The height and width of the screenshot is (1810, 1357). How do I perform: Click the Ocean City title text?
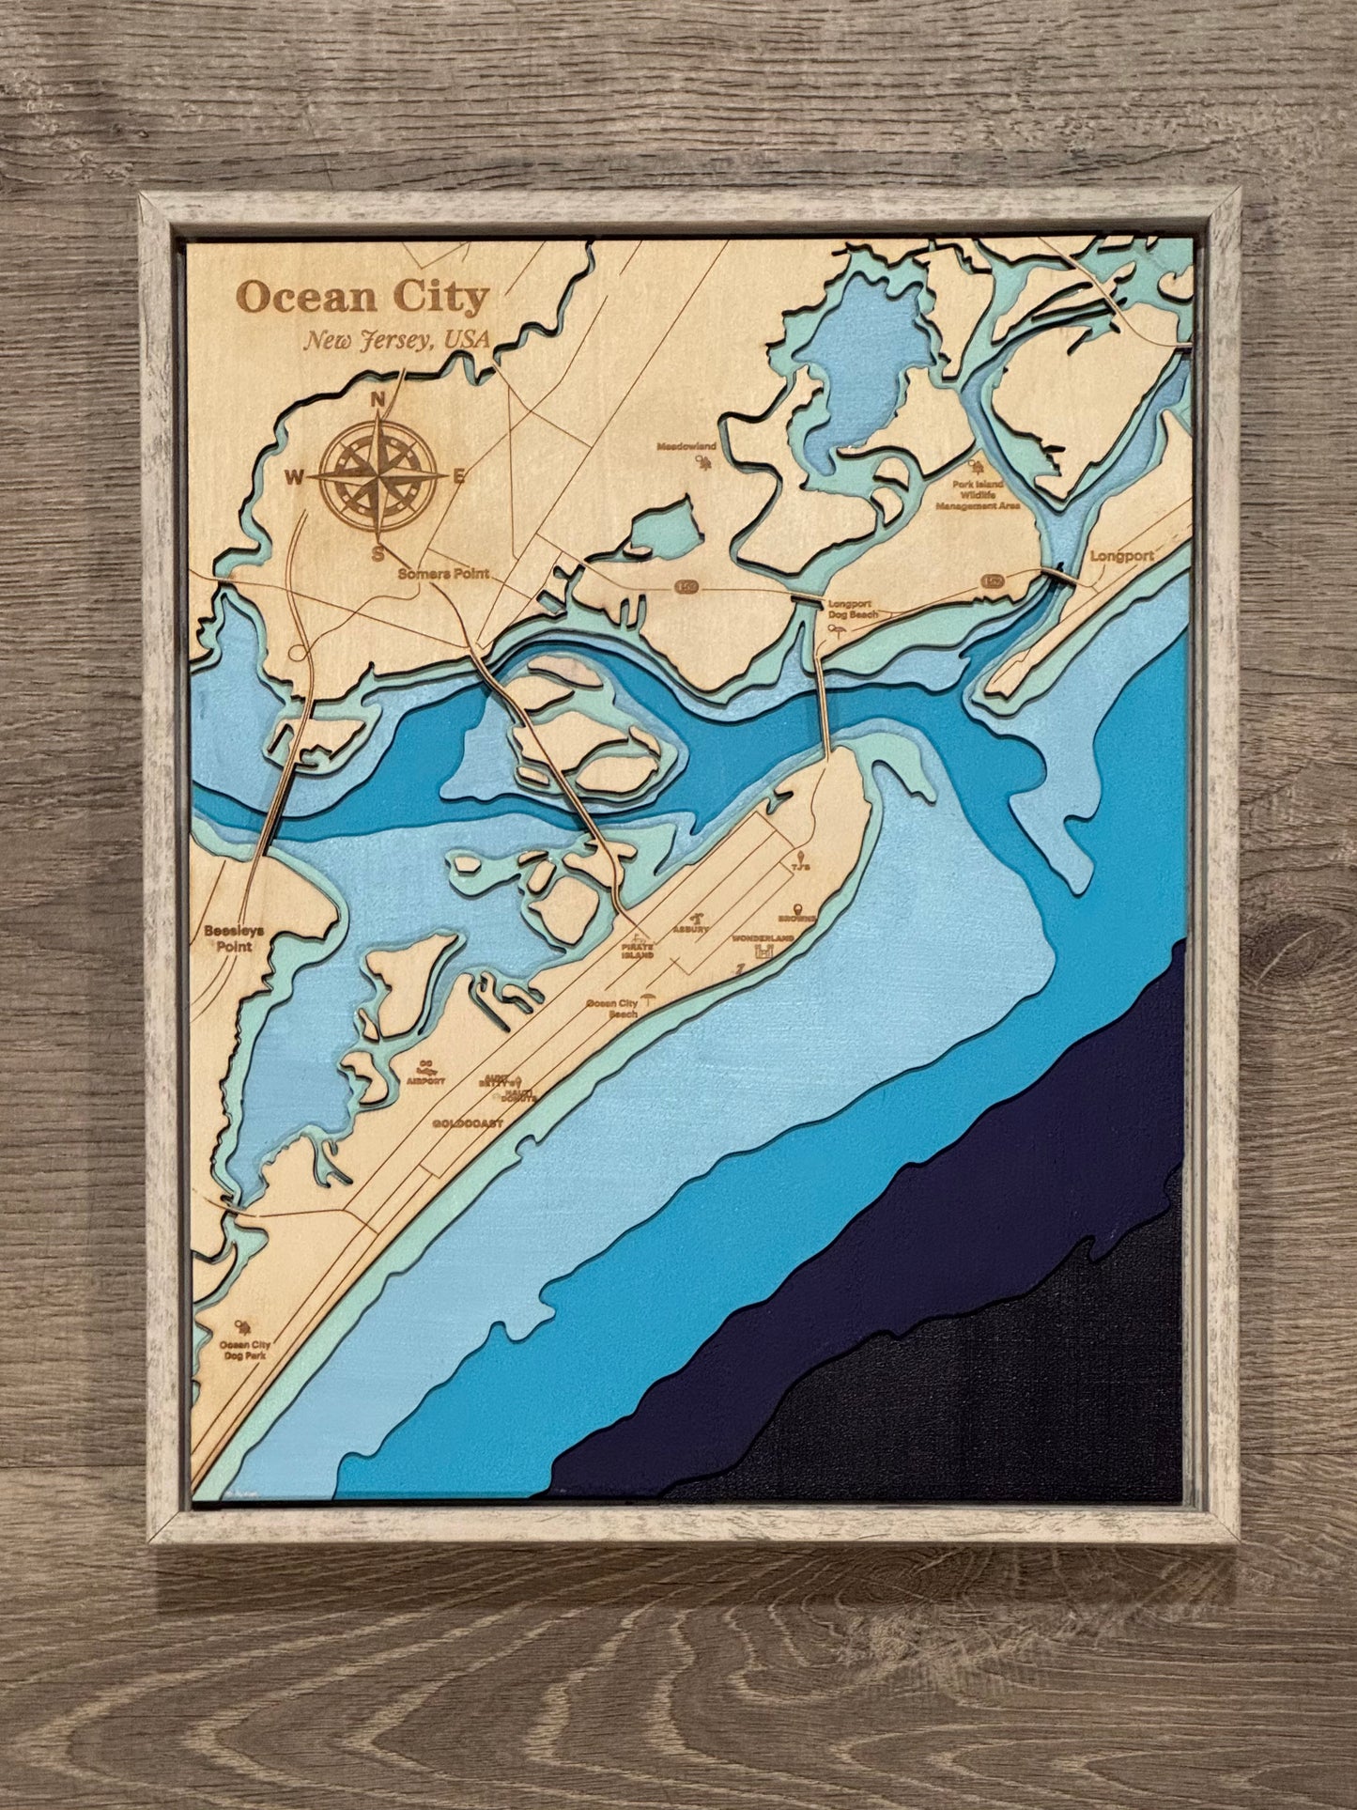[362, 298]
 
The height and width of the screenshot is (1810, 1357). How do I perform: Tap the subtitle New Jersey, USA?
[396, 341]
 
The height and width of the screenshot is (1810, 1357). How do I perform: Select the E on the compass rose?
[459, 476]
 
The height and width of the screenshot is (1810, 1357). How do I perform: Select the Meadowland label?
[686, 446]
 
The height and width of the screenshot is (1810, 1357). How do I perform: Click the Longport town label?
[1121, 556]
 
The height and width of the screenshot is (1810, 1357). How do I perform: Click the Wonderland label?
[763, 938]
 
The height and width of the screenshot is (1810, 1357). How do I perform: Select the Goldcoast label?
[469, 1123]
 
